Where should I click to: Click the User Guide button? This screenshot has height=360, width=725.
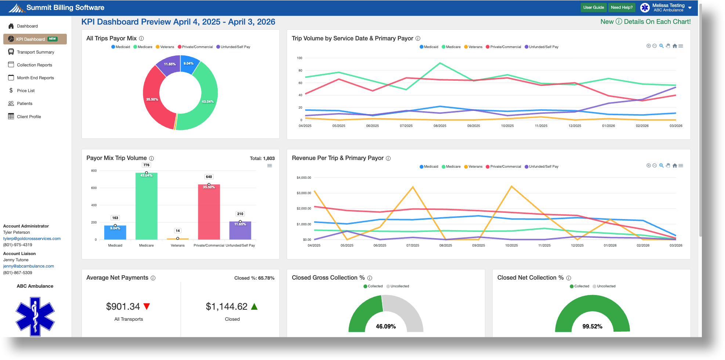click(593, 7)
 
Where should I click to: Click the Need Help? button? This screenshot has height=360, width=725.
click(621, 7)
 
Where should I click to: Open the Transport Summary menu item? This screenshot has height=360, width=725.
click(35, 52)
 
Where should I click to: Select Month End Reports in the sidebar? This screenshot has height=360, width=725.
click(35, 78)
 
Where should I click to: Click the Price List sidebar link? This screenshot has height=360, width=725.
click(26, 91)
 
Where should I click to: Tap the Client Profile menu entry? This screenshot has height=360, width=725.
click(29, 117)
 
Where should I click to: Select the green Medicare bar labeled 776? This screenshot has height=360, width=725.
click(146, 206)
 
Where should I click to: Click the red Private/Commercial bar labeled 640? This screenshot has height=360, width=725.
click(209, 213)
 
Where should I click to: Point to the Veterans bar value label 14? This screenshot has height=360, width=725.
click(178, 231)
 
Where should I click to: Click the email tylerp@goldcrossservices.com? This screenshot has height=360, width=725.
click(32, 239)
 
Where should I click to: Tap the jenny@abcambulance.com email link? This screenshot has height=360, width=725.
click(29, 266)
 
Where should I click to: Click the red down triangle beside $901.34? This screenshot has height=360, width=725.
click(147, 306)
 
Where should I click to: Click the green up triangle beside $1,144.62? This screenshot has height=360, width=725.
click(254, 306)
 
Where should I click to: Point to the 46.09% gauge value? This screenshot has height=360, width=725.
click(385, 326)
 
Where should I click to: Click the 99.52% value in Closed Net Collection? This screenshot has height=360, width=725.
click(592, 326)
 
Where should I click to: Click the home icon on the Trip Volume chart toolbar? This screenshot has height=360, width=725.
click(675, 46)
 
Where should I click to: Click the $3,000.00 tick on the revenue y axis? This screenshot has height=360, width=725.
click(304, 193)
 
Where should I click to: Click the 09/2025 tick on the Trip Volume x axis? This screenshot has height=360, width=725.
click(474, 126)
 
